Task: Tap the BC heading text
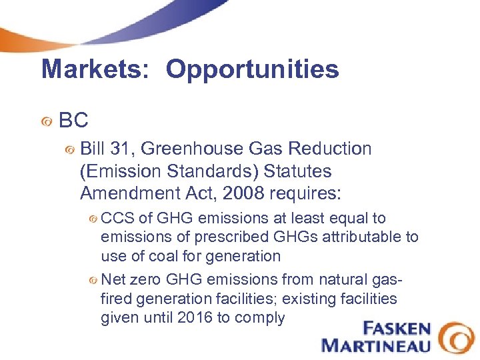pos(73,121)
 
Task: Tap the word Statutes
pos(297,171)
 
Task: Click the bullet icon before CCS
pos(93,219)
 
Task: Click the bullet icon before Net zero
pos(93,281)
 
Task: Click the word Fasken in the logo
pos(397,329)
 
